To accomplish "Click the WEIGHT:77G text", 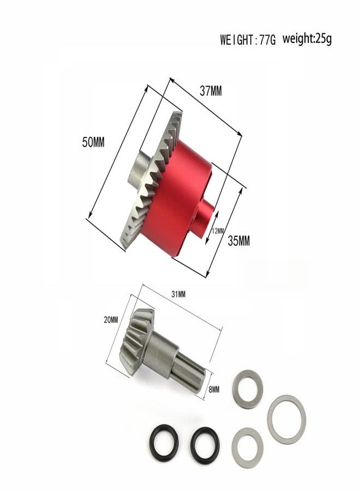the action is tap(248, 40).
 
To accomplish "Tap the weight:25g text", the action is tap(307, 39).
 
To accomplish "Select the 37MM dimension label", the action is tap(211, 92).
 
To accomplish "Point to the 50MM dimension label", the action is tap(93, 143).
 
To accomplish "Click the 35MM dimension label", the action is tap(239, 241).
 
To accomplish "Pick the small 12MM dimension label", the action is tap(218, 231).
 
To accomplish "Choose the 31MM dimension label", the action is tap(178, 295).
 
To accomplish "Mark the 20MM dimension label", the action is tap(111, 320).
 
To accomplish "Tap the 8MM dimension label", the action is tap(214, 389).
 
